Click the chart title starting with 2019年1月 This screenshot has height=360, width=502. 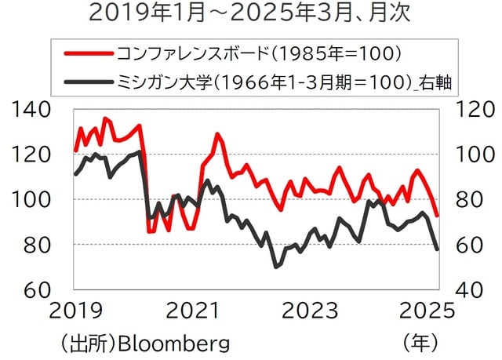coord(251,13)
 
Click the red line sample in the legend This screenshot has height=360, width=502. coord(87,54)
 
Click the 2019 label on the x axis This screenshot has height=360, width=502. coord(76,311)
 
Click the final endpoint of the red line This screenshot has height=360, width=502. coord(438,215)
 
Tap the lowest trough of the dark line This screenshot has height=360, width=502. coord(276,267)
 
